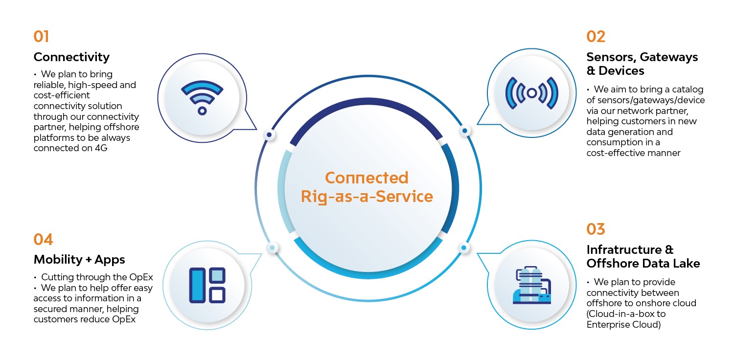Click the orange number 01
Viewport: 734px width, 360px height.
[41, 36]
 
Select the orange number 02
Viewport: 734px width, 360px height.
[596, 36]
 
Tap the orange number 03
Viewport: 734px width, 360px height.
[596, 229]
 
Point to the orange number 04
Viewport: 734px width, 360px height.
[43, 240]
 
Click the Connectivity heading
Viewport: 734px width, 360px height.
[71, 57]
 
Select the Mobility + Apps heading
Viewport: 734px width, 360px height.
[79, 260]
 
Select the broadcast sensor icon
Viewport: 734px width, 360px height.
[532, 93]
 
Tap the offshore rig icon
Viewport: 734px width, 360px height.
[532, 285]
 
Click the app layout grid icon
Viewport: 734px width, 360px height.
[207, 285]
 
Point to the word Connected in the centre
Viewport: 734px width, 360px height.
[367, 178]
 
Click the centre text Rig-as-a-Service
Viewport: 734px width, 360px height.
[367, 197]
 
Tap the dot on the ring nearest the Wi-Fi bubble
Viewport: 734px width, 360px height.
[269, 135]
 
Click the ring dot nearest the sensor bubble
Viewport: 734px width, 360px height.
[465, 131]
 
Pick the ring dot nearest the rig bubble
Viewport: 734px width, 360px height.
[464, 247]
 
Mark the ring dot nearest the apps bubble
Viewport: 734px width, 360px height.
[272, 247]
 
